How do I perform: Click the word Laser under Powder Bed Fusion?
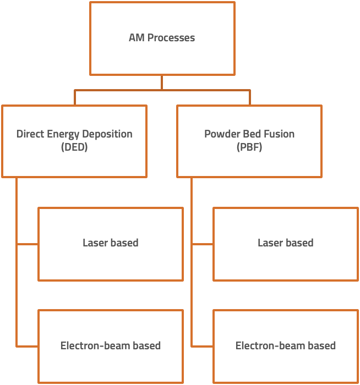[270, 243]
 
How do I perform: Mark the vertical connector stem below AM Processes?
[162, 82]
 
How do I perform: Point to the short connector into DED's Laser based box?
[28, 243]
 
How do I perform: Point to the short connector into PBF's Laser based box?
[203, 243]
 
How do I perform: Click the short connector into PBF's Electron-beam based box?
[203, 346]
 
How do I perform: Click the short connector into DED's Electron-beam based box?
[28, 346]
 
